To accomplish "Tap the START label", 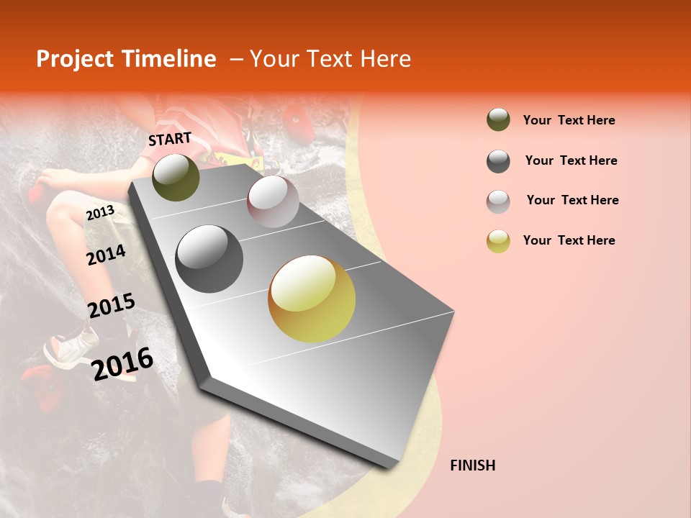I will pyautogui.click(x=170, y=139).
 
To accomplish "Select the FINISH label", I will pyautogui.click(x=472, y=465).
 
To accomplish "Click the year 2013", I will pyautogui.click(x=100, y=212).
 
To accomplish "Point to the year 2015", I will pyautogui.click(x=111, y=306).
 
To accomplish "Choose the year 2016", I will pyautogui.click(x=122, y=363).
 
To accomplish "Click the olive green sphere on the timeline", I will pyautogui.click(x=176, y=178).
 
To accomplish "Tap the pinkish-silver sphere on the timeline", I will pyautogui.click(x=273, y=202).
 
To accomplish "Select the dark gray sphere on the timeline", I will pyautogui.click(x=209, y=259).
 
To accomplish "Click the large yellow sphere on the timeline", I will pyautogui.click(x=312, y=299).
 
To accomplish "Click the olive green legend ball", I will pyautogui.click(x=498, y=120).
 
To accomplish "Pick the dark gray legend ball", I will pyautogui.click(x=498, y=161).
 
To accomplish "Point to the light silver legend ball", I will pyautogui.click(x=498, y=201).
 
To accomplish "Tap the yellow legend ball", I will pyautogui.click(x=498, y=241).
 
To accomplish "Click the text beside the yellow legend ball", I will pyautogui.click(x=569, y=240).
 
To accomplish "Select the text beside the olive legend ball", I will pyautogui.click(x=569, y=120).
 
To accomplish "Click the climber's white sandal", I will pyautogui.click(x=71, y=345).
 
